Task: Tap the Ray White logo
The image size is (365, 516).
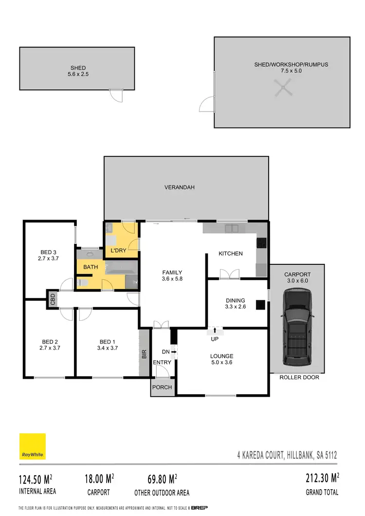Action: pos(33,446)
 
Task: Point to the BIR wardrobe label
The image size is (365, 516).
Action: pos(144,354)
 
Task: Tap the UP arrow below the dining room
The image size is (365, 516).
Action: pos(215,331)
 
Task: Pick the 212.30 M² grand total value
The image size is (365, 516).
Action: pos(321,479)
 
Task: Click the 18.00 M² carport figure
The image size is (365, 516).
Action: pos(97,479)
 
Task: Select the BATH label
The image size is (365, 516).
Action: pos(91,267)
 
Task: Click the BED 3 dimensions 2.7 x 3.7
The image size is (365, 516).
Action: pos(48,258)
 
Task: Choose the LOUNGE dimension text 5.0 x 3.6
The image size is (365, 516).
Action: pos(221,363)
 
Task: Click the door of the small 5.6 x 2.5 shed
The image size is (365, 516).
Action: pos(115,95)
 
